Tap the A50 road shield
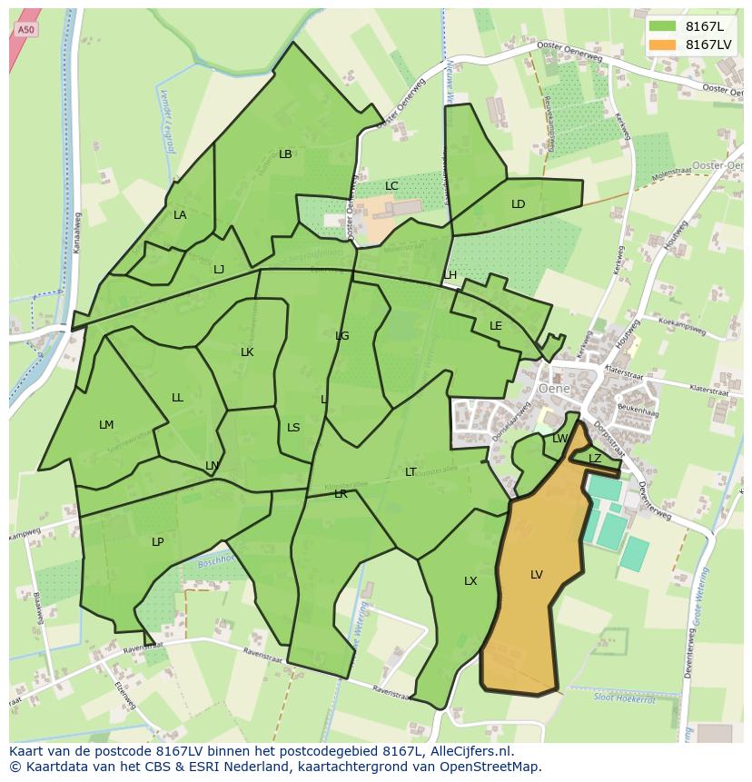[x=25, y=30]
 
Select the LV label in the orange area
[x=537, y=575]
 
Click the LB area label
[x=285, y=154]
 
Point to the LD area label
[x=518, y=204]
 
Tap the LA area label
[x=180, y=215]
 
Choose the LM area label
[x=106, y=425]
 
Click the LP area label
[x=157, y=542]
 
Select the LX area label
[x=470, y=581]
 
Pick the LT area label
[x=411, y=472]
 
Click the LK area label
[x=247, y=352]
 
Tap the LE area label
[x=496, y=326]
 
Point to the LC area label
[x=391, y=186]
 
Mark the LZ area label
[x=595, y=459]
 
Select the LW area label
[x=559, y=439]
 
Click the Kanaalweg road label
[x=77, y=233]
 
